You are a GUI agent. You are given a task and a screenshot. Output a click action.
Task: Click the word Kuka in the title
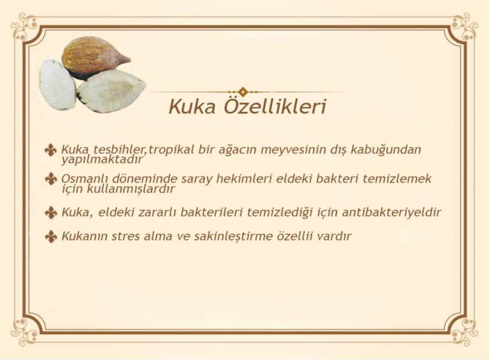[192, 106]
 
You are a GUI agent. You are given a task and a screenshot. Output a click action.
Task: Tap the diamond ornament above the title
[243, 92]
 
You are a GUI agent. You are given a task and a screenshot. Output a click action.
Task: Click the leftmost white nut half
[57, 85]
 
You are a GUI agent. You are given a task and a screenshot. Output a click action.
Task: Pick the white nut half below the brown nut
[111, 90]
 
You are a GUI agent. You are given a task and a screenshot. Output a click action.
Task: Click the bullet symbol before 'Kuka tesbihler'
[51, 150]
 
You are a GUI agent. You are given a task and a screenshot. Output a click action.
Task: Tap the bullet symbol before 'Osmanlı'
[51, 179]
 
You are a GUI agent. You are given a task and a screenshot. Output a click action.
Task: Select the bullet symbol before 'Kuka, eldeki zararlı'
[51, 212]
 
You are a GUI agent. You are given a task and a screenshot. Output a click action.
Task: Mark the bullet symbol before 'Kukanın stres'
[51, 236]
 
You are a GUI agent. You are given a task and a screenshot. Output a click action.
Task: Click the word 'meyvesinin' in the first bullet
[293, 150]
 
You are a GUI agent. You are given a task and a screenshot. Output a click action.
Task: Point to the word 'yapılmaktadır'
[102, 160]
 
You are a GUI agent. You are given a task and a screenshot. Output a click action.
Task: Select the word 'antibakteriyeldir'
[392, 212]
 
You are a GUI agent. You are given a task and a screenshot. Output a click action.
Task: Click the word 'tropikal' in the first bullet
[171, 150]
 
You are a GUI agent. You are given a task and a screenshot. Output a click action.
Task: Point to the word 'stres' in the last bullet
[126, 236]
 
